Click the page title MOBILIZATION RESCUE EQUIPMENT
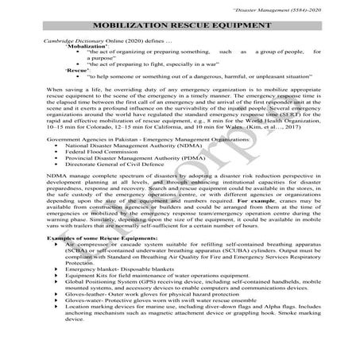click(x=180, y=26)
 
